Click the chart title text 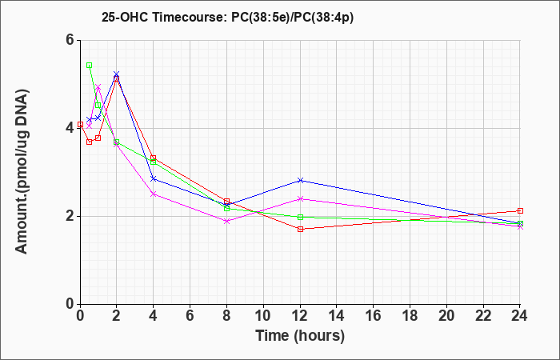pos(227,18)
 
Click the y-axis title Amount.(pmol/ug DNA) pos(22,171)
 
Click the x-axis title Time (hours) pos(300,336)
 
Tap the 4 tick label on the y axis pos(70,128)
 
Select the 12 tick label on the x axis pos(300,315)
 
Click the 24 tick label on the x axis pos(520,315)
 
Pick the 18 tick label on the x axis pos(410,315)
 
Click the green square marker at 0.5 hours pos(90,66)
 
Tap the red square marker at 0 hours pos(80,124)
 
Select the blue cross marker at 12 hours pos(300,180)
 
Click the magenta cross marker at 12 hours pos(300,198)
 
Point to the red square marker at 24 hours pos(520,210)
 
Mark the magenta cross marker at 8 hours pos(226,221)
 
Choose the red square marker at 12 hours pos(300,229)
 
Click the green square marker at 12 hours pos(300,217)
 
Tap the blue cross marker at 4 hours pos(154,178)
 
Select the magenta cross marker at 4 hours pos(154,194)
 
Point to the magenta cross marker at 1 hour pos(98,86)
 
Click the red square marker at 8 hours pos(226,202)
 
